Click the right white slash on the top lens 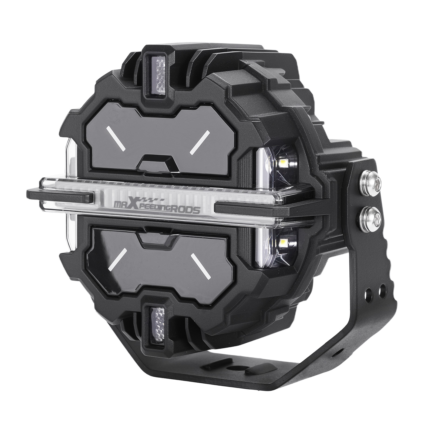[200, 142]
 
